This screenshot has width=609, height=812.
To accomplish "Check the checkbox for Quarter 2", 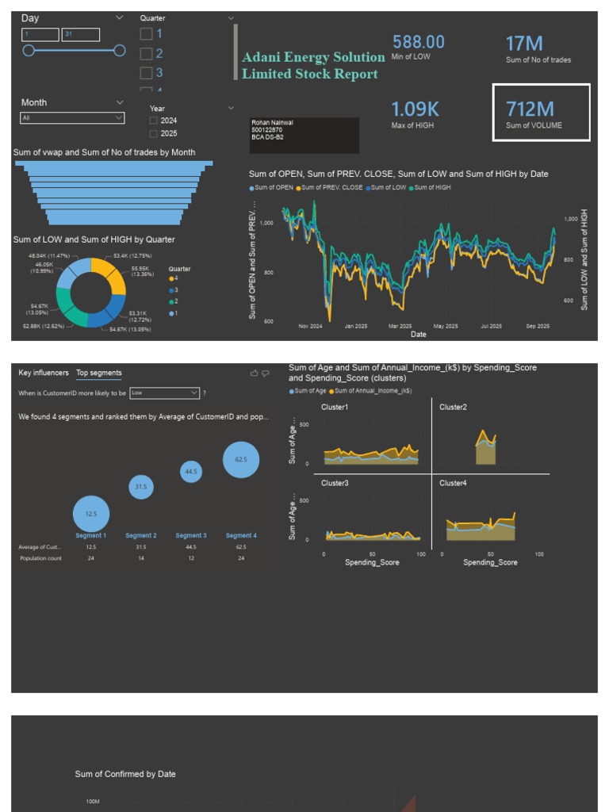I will click(146, 54).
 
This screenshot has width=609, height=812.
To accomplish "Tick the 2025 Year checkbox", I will click(153, 134).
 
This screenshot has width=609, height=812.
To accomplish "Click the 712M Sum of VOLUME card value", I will click(530, 109).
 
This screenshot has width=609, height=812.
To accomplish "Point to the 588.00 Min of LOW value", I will click(418, 42).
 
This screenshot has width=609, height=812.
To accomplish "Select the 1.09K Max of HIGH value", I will click(415, 109).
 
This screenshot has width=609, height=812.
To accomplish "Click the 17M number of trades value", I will click(524, 44).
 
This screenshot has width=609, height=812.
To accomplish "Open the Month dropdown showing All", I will click(72, 118).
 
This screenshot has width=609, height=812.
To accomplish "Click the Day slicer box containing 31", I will click(80, 35).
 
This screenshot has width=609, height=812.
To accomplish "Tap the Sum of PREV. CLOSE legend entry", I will click(329, 188).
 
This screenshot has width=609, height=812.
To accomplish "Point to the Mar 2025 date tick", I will click(400, 326).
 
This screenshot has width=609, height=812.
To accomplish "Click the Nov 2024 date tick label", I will click(310, 326).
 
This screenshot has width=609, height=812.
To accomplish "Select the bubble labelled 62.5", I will click(241, 460).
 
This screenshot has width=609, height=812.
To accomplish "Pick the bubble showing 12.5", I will click(91, 514).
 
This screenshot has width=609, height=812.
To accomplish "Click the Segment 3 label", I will click(191, 536).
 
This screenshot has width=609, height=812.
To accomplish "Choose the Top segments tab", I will click(99, 373).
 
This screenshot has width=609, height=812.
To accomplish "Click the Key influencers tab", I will click(44, 373).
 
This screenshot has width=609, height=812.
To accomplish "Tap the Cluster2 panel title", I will click(453, 407).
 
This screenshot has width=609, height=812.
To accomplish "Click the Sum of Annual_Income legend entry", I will click(373, 391).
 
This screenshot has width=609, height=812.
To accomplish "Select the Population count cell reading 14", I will click(141, 558).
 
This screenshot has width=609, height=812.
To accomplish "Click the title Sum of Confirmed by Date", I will click(125, 774).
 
